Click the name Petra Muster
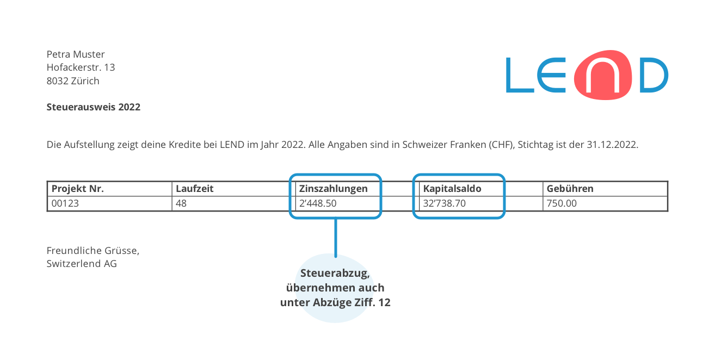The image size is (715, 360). (76, 54)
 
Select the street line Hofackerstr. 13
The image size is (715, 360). (81, 67)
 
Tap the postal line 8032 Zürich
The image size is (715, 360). (73, 81)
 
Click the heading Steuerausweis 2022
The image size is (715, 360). (94, 107)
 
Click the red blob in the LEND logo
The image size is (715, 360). (603, 75)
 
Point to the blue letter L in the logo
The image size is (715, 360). (520, 75)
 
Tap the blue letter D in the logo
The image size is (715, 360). (654, 75)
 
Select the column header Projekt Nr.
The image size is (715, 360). (78, 189)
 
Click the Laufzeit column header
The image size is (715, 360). (194, 189)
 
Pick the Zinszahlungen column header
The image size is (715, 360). (333, 189)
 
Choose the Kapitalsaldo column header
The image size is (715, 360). (452, 189)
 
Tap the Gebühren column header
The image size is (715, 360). (570, 189)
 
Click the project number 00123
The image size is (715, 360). (65, 203)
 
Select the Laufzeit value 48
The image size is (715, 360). (181, 203)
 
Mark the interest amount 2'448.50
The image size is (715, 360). (318, 203)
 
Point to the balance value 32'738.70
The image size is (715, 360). (445, 203)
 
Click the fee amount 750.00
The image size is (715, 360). (562, 203)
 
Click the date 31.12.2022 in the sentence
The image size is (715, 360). (612, 145)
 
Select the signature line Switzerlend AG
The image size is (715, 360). (82, 264)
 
